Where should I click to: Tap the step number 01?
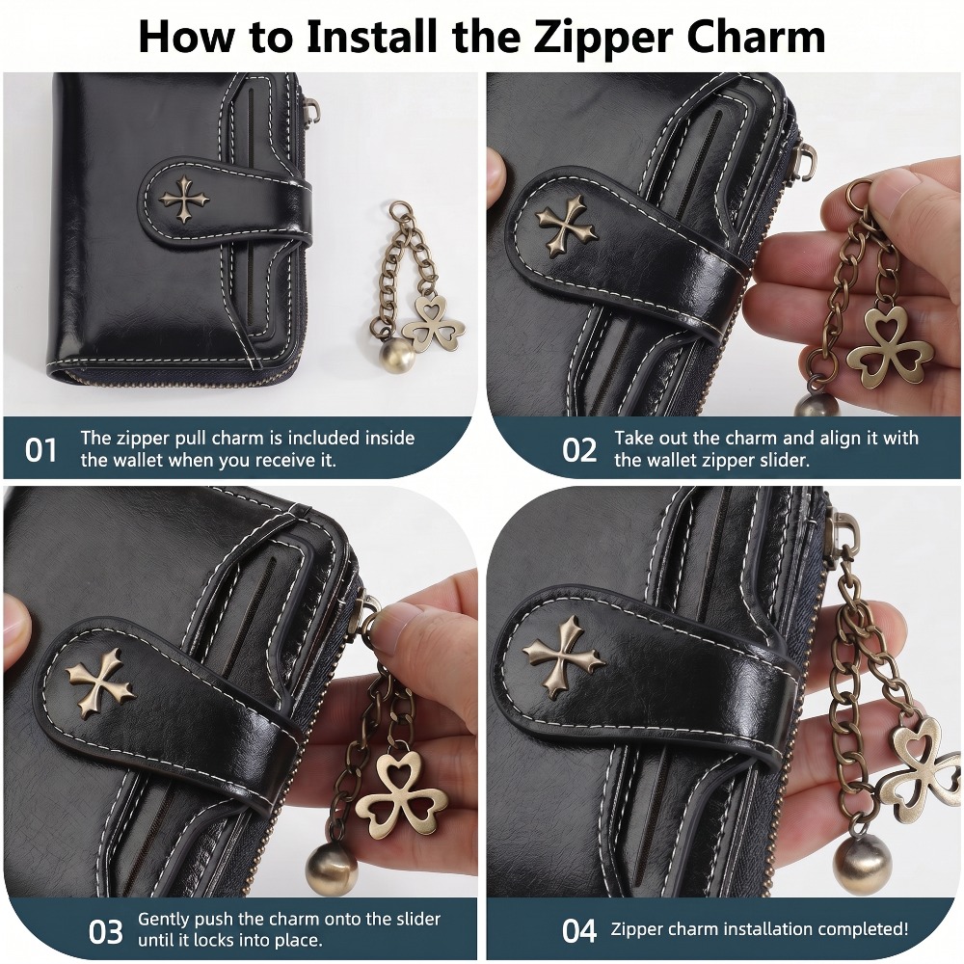pyautogui.click(x=40, y=450)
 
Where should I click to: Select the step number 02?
pyautogui.click(x=579, y=450)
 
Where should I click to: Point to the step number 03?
pyautogui.click(x=105, y=932)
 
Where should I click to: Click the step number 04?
pyautogui.click(x=579, y=931)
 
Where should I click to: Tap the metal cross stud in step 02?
pyautogui.click(x=566, y=228)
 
